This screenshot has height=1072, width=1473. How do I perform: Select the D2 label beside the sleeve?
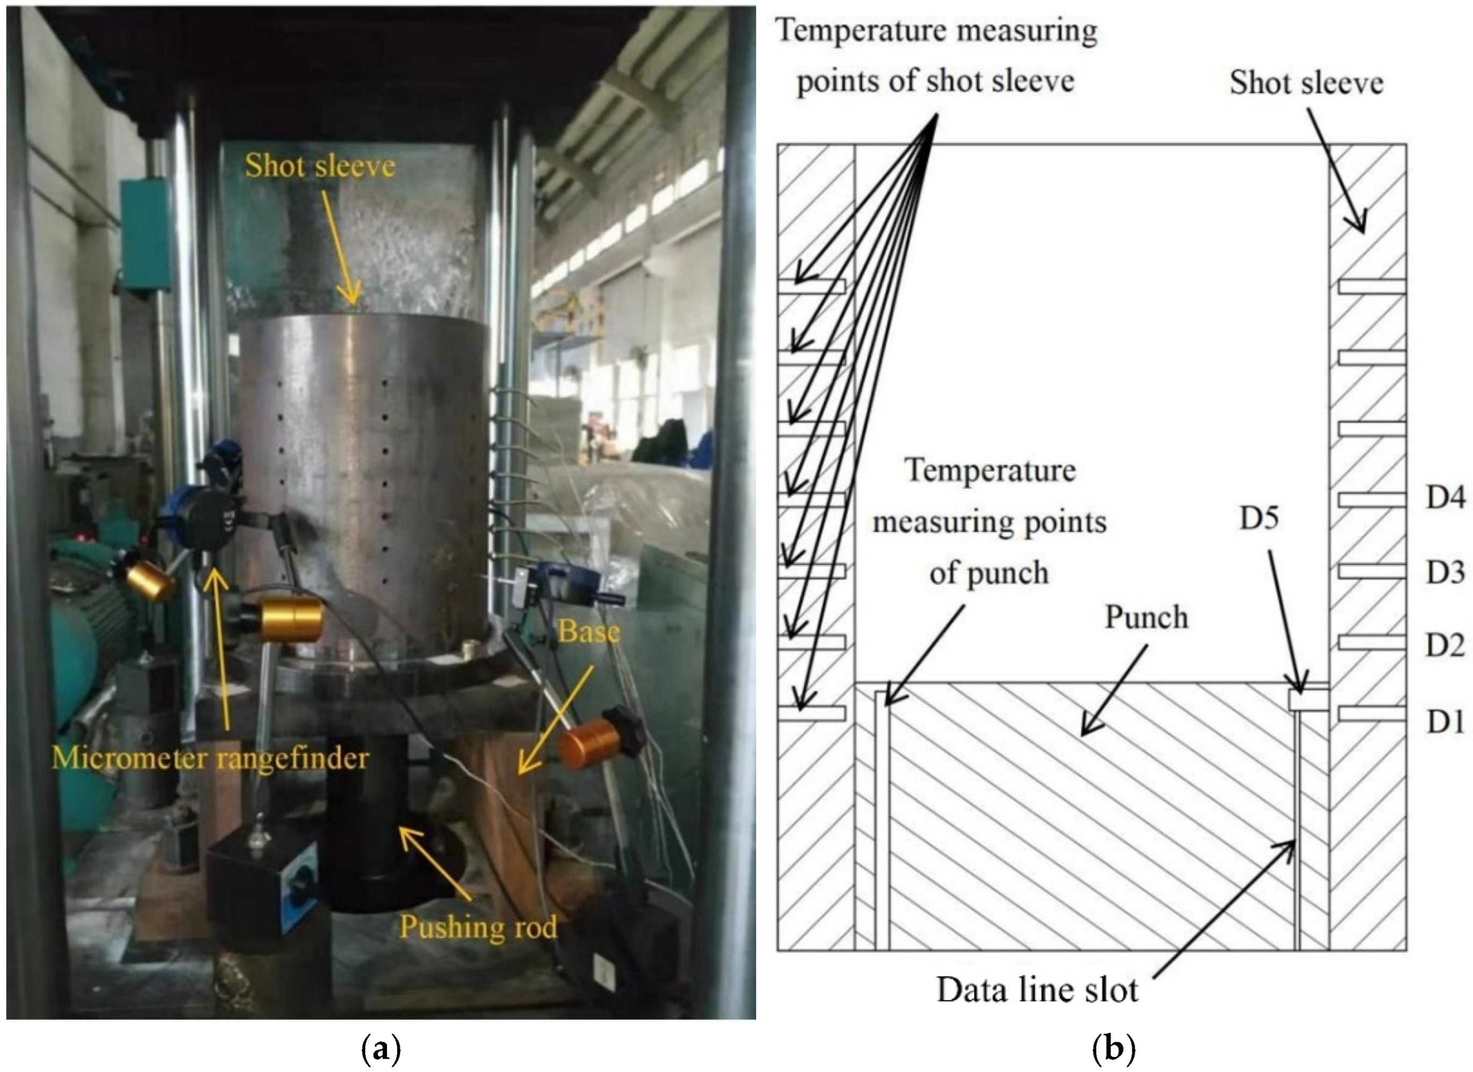pyautogui.click(x=1445, y=645)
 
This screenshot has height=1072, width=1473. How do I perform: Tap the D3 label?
pyautogui.click(x=1445, y=573)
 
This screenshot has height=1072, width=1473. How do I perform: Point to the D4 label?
pyautogui.click(x=1445, y=498)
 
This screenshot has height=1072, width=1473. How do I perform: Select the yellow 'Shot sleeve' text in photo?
pyautogui.click(x=320, y=166)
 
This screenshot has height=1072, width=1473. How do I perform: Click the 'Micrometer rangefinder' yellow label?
pyautogui.click(x=210, y=757)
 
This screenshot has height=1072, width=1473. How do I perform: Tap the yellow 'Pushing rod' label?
pyautogui.click(x=478, y=926)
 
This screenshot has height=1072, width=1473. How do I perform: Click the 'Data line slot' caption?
pyautogui.click(x=1037, y=990)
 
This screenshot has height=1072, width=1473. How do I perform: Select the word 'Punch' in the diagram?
pyautogui.click(x=1146, y=617)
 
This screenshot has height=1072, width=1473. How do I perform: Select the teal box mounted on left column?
pyautogui.click(x=146, y=234)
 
